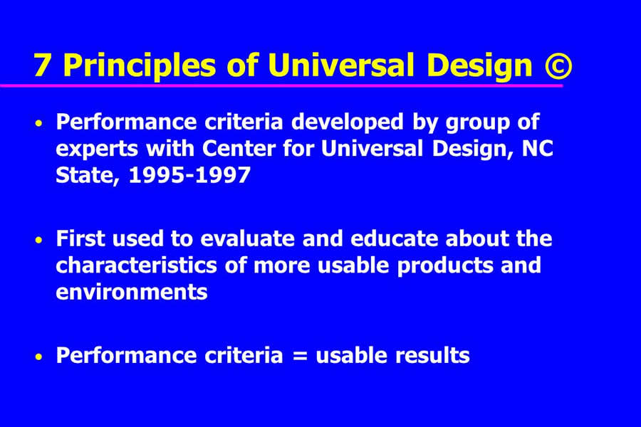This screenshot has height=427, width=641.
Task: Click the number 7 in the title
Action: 42,65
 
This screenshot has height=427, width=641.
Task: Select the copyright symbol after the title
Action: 558,67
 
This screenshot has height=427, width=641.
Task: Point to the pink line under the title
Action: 281,85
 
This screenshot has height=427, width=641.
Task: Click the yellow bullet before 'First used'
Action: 39,240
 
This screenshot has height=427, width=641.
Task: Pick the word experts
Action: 97,149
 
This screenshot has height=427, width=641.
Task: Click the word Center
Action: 239,148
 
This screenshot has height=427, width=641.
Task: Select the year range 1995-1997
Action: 189,175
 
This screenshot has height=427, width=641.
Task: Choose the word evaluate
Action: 247,238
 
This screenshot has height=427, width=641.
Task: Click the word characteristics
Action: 137,265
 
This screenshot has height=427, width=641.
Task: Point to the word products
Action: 444,266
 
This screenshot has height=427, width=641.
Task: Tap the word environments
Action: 132,292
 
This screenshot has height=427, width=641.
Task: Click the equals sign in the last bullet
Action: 300,356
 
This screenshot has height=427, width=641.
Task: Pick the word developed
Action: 348,122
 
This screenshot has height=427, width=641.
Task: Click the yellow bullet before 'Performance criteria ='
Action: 39,357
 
